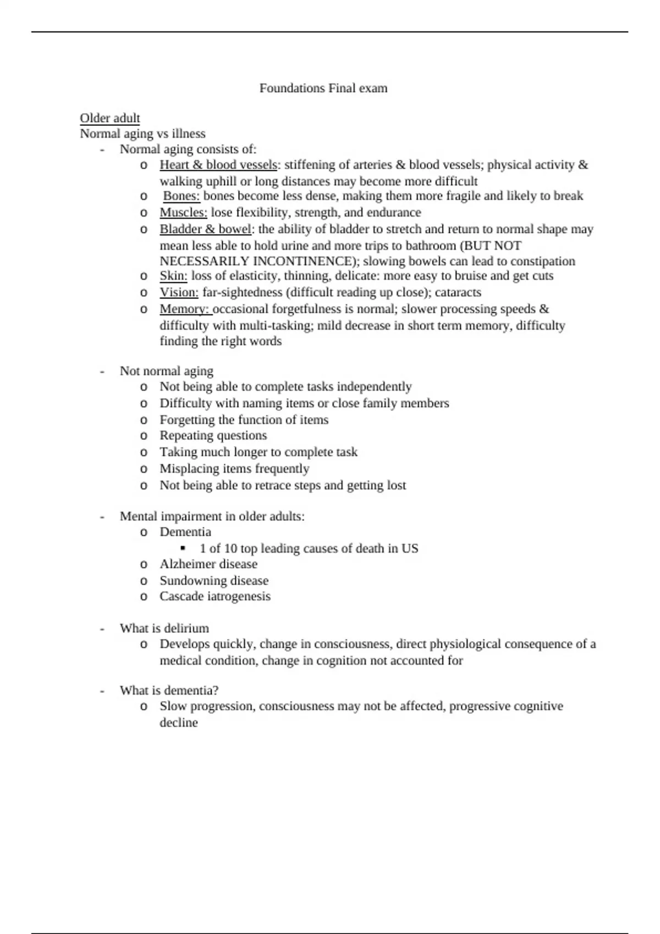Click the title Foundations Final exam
[323, 88]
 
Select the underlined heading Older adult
[110, 118]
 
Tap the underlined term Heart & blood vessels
[218, 165]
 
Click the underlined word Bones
[181, 196]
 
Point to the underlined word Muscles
[183, 213]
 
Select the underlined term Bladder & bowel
[205, 229]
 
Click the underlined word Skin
[173, 276]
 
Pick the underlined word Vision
[179, 292]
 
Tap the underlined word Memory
[185, 309]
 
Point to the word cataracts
[458, 292]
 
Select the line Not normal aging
[167, 371]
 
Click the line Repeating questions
[213, 436]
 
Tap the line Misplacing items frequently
[234, 469]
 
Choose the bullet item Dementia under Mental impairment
[185, 532]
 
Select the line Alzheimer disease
[208, 564]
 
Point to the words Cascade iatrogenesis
[215, 596]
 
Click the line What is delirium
[164, 628]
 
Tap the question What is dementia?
[169, 691]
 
